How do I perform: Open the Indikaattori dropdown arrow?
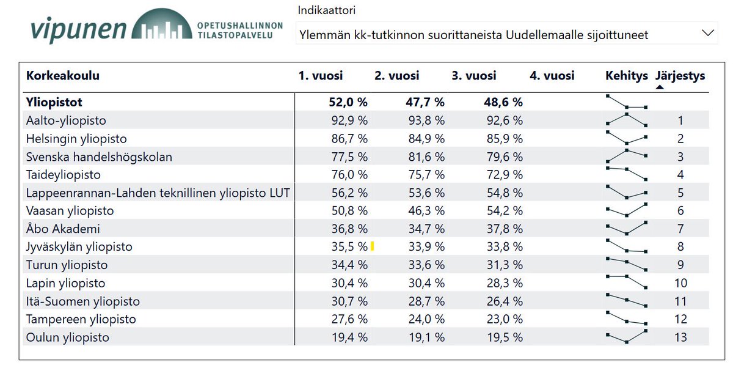708,33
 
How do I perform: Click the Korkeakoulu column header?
62,76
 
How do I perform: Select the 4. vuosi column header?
552,76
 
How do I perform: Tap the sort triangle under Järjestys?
660,87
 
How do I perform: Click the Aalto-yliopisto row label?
70,120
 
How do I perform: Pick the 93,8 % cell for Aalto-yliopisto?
426,120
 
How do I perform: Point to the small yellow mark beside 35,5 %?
372,246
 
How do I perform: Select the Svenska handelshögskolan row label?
99,157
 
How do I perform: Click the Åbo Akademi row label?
63,229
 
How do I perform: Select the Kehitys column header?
626,76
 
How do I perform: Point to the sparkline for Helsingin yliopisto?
627,138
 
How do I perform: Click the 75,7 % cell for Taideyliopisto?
426,175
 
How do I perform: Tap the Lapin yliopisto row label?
65,283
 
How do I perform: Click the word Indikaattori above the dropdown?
326,10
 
